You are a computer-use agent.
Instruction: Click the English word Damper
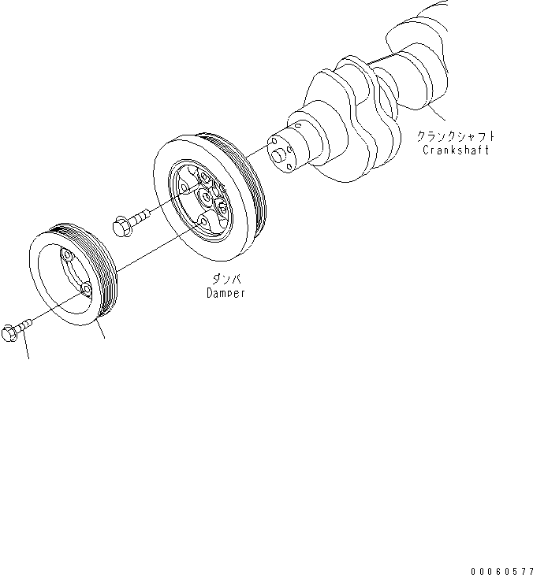click(225, 293)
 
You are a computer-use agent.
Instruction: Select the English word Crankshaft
click(456, 150)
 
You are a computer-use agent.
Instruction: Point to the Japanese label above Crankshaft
click(457, 136)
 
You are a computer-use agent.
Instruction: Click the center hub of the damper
click(208, 197)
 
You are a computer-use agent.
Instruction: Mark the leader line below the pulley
click(101, 334)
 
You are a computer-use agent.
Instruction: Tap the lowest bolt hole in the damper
click(203, 224)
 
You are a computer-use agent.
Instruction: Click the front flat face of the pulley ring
click(47, 291)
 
